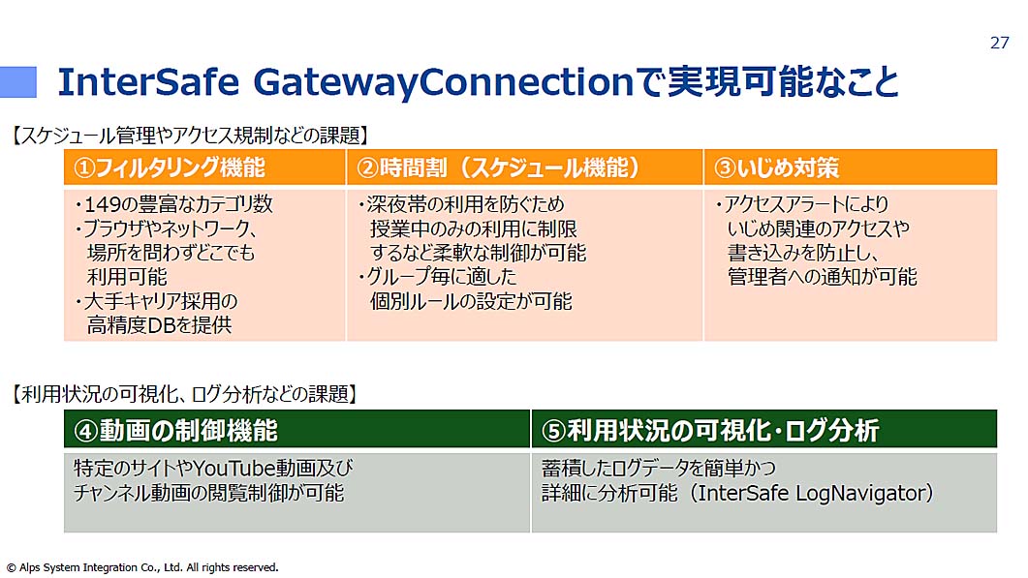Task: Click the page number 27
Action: coord(999,43)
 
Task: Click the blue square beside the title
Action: coord(17,82)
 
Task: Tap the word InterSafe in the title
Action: coord(148,82)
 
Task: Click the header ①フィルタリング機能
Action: coord(170,167)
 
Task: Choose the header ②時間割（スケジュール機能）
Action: coord(498,167)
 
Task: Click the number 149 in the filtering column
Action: coord(103,204)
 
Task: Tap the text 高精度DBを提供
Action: coord(159,325)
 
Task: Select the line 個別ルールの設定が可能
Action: coord(471,301)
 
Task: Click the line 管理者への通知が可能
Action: coord(823,277)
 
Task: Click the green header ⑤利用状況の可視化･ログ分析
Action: coord(710,431)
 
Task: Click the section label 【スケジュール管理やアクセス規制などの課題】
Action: coord(190,136)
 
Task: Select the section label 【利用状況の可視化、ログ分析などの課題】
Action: coord(184,394)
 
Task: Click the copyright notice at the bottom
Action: coord(142,567)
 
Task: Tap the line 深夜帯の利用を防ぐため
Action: coord(461,204)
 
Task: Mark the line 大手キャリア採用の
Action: coord(157,301)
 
